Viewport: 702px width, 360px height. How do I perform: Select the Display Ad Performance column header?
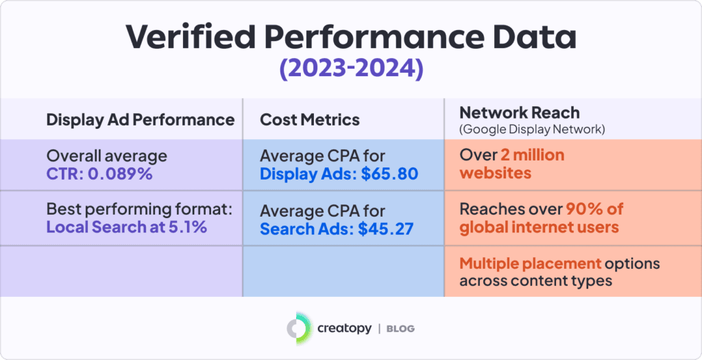pyautogui.click(x=140, y=119)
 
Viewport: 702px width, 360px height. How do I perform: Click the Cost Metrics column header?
pyautogui.click(x=309, y=119)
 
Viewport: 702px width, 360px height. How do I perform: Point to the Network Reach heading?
pyautogui.click(x=519, y=113)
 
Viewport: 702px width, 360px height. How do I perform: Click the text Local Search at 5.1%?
pyautogui.click(x=126, y=227)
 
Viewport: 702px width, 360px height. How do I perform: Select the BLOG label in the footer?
pyautogui.click(x=402, y=329)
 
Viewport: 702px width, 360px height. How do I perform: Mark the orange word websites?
pyautogui.click(x=495, y=172)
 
